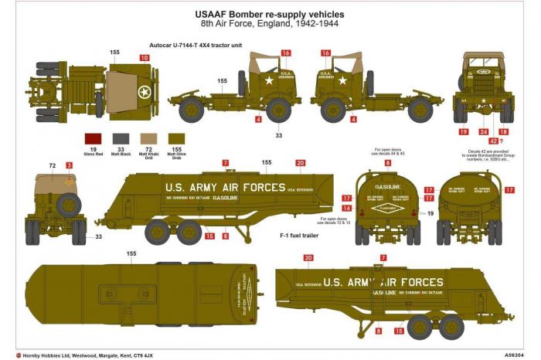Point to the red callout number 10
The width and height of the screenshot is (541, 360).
144,58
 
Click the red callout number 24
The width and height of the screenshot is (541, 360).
484,131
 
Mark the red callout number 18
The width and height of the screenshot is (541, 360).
503,131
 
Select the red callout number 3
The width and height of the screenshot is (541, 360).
69,165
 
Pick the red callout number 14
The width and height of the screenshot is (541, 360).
347,209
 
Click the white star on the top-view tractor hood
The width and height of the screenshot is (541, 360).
143,93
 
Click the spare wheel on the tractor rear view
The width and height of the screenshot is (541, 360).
68,205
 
